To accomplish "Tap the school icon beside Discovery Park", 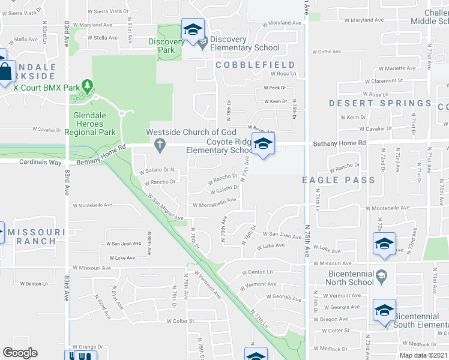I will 193,30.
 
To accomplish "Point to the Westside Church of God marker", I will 159,144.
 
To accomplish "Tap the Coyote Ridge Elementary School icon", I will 262,145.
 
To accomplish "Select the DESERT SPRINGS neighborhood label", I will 380,103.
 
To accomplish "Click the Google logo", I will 20,353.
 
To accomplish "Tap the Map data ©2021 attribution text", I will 423,355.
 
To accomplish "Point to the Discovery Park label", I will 167,46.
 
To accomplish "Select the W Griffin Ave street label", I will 330,52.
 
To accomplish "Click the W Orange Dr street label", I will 88,347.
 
